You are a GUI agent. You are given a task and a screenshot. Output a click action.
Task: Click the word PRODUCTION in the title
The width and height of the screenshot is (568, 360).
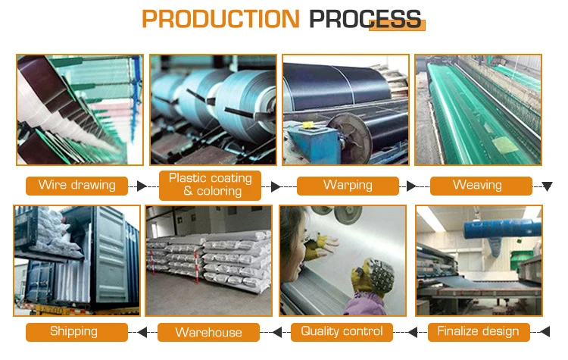[221, 18]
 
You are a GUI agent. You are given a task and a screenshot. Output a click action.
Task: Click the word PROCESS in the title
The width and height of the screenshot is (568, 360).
[365, 18]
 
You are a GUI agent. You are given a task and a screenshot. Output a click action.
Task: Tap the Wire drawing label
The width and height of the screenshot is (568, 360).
[76, 185]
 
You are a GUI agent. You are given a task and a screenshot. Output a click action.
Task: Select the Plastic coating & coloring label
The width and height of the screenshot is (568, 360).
[210, 184]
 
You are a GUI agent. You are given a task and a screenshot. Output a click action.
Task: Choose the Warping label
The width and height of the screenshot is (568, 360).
[348, 185]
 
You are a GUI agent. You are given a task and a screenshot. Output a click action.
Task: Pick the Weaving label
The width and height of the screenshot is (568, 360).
[477, 185]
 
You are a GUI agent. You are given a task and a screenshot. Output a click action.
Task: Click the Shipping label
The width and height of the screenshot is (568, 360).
[73, 331]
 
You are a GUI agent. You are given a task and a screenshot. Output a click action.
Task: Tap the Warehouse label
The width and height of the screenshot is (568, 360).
[208, 332]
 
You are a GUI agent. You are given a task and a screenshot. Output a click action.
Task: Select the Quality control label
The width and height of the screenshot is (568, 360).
[342, 331]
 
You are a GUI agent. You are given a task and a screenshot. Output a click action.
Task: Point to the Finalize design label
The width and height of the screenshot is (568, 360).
[479, 331]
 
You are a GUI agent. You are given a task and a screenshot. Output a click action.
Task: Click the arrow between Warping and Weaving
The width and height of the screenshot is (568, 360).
[411, 186]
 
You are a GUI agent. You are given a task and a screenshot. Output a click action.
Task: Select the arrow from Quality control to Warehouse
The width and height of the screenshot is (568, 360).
[276, 331]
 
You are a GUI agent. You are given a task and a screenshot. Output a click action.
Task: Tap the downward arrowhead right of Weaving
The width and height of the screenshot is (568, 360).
[547, 186]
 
